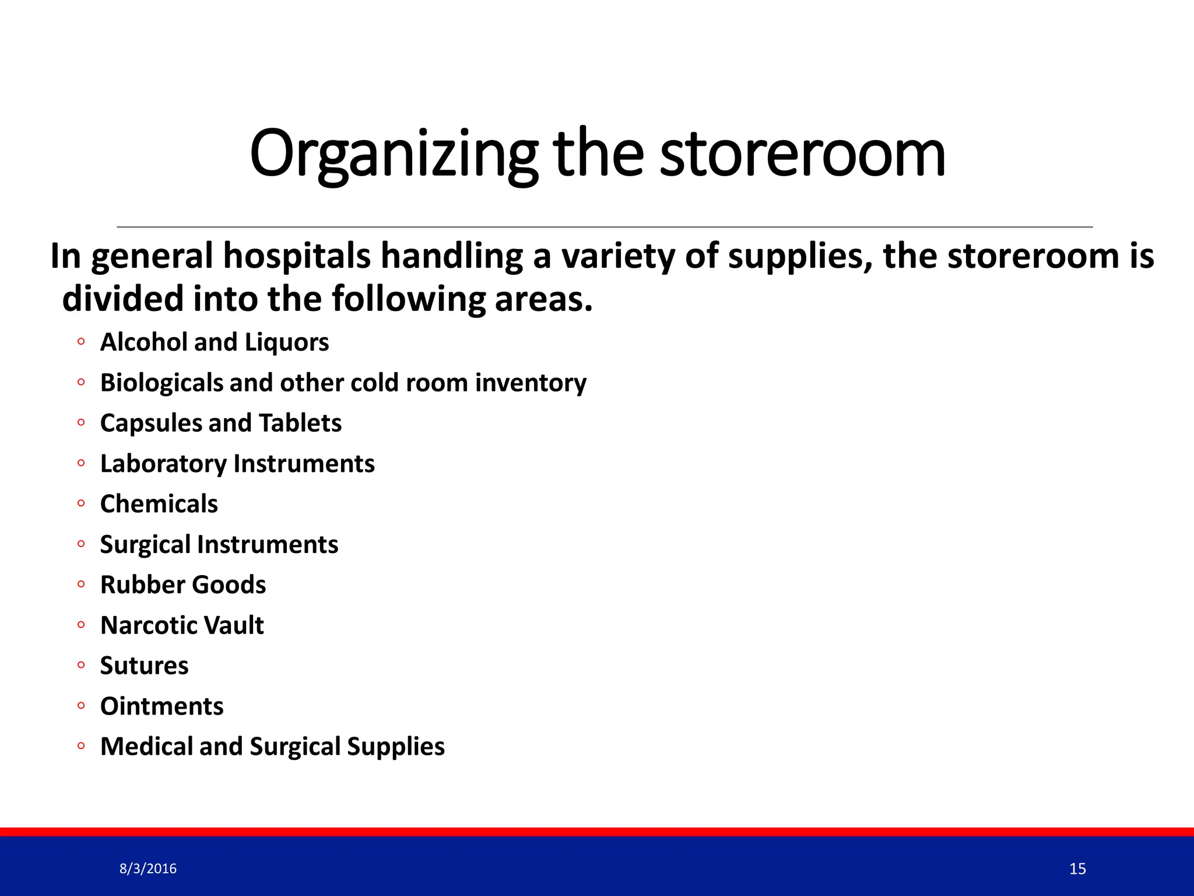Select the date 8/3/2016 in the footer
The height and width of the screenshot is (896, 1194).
click(x=148, y=869)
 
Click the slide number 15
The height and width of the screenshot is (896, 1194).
click(x=1077, y=869)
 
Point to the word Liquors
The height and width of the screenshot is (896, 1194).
click(x=287, y=342)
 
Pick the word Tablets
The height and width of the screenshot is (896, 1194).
click(x=300, y=423)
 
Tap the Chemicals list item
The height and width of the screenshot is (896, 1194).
click(x=159, y=504)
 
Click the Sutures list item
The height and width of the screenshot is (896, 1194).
click(x=144, y=666)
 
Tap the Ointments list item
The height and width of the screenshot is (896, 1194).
click(x=161, y=706)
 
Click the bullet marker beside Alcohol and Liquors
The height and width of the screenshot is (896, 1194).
click(x=81, y=342)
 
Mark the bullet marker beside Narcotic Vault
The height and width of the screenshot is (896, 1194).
click(x=81, y=625)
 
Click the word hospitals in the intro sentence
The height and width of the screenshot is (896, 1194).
click(x=297, y=257)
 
